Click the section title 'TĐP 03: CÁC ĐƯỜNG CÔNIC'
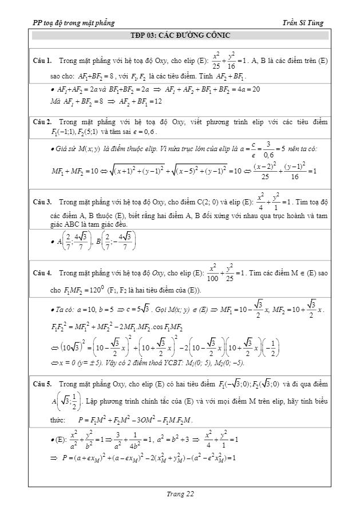coord(180,35)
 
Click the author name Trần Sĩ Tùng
coord(303,23)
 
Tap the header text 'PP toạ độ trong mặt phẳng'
coord(74,23)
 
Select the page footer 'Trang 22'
coord(180,493)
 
